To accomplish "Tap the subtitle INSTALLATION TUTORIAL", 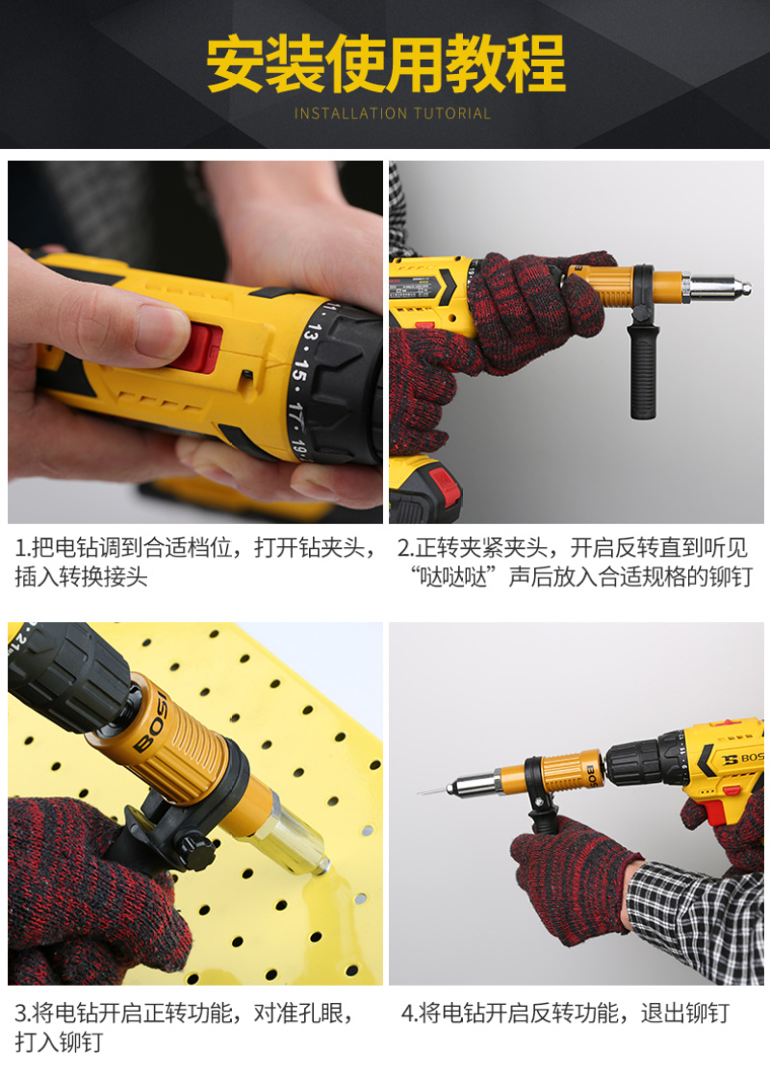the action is pos(392,113).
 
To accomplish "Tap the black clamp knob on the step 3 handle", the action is pos(196,848).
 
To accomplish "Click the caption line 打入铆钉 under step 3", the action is pos(59,1041).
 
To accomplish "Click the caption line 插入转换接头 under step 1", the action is pos(81,577).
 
